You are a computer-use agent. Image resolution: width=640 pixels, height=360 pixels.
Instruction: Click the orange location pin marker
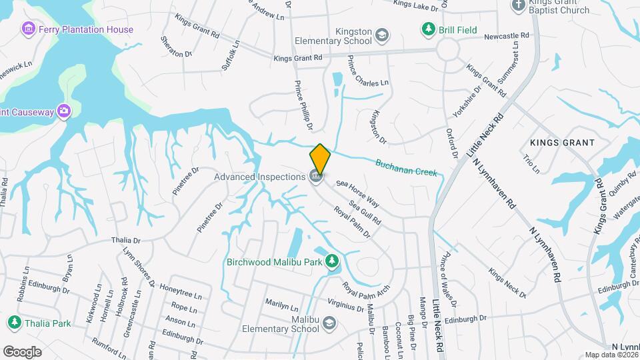(x=320, y=159)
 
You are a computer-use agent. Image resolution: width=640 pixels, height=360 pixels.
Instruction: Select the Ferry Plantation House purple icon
(x=28, y=29)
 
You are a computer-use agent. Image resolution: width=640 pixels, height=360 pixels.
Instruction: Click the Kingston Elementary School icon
(x=382, y=35)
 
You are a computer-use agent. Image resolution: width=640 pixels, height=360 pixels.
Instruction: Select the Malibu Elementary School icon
(x=328, y=323)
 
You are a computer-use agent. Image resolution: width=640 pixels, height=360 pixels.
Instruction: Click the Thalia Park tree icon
(x=13, y=323)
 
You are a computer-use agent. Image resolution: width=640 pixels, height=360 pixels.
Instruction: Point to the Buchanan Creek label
(x=406, y=167)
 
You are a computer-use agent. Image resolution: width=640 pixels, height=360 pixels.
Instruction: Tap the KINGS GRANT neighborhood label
(x=562, y=143)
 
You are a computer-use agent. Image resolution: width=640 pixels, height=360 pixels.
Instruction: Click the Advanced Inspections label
(x=259, y=177)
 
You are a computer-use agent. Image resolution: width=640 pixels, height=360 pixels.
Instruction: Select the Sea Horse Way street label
(x=357, y=193)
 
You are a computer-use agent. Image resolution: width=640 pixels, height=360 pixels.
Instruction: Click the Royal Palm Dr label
(x=352, y=222)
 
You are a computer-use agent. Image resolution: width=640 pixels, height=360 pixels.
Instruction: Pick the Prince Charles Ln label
(x=367, y=73)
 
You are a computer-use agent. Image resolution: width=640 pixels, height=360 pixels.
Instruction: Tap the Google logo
(x=23, y=351)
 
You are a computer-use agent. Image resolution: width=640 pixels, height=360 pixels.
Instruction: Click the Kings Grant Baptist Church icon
(x=519, y=6)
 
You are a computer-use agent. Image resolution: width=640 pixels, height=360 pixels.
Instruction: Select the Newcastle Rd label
(x=507, y=35)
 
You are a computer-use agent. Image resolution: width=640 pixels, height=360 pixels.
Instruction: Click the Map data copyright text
(x=612, y=355)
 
